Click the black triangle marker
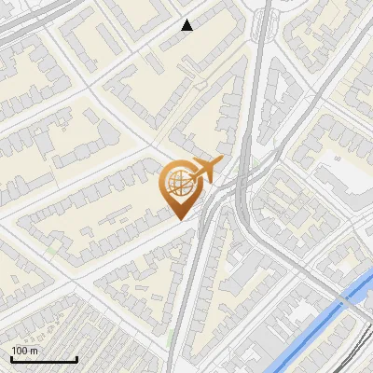[186, 25]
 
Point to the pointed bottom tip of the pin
[180, 219]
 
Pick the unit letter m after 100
[33, 351]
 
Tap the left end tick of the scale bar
[11, 358]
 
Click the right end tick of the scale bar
[76, 358]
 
